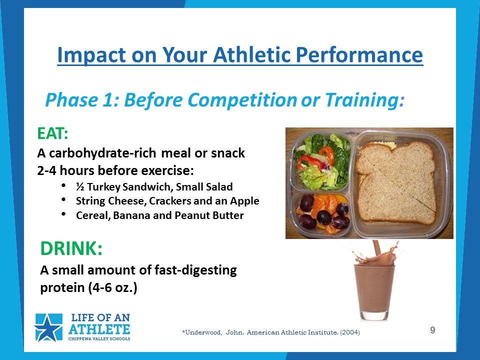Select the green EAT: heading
click(x=52, y=133)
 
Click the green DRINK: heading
click(x=71, y=248)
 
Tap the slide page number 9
click(x=432, y=330)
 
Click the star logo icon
click(x=48, y=327)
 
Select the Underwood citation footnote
click(x=271, y=332)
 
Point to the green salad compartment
click(x=321, y=161)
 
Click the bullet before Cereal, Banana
click(x=63, y=214)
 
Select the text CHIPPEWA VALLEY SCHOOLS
click(x=99, y=338)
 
